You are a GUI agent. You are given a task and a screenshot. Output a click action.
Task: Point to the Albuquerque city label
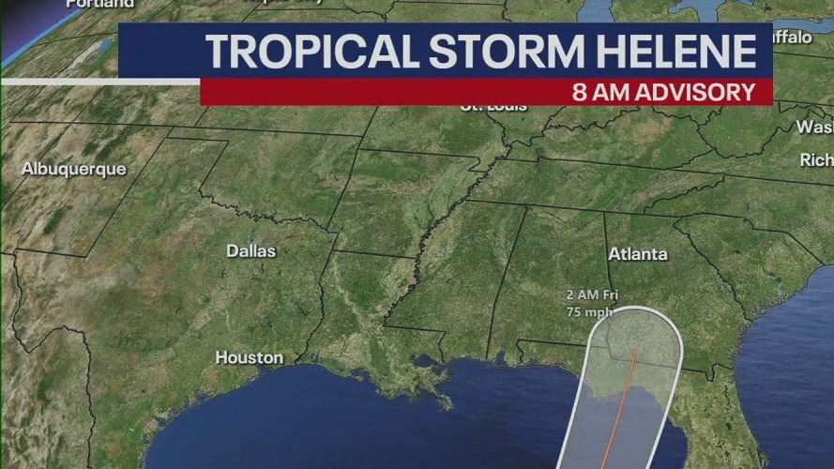pyautogui.click(x=73, y=169)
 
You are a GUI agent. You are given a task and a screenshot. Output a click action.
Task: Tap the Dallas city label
pyautogui.click(x=250, y=251)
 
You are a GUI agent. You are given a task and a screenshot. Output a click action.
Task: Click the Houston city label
pyautogui.click(x=249, y=357)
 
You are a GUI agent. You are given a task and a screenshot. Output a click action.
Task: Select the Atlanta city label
pyautogui.click(x=638, y=254)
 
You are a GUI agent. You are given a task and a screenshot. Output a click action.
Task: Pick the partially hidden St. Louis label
pyautogui.click(x=493, y=107)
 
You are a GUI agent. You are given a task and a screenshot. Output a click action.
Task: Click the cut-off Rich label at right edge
pyautogui.click(x=815, y=160)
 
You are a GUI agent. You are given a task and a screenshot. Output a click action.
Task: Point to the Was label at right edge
pyautogui.click(x=813, y=127)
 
